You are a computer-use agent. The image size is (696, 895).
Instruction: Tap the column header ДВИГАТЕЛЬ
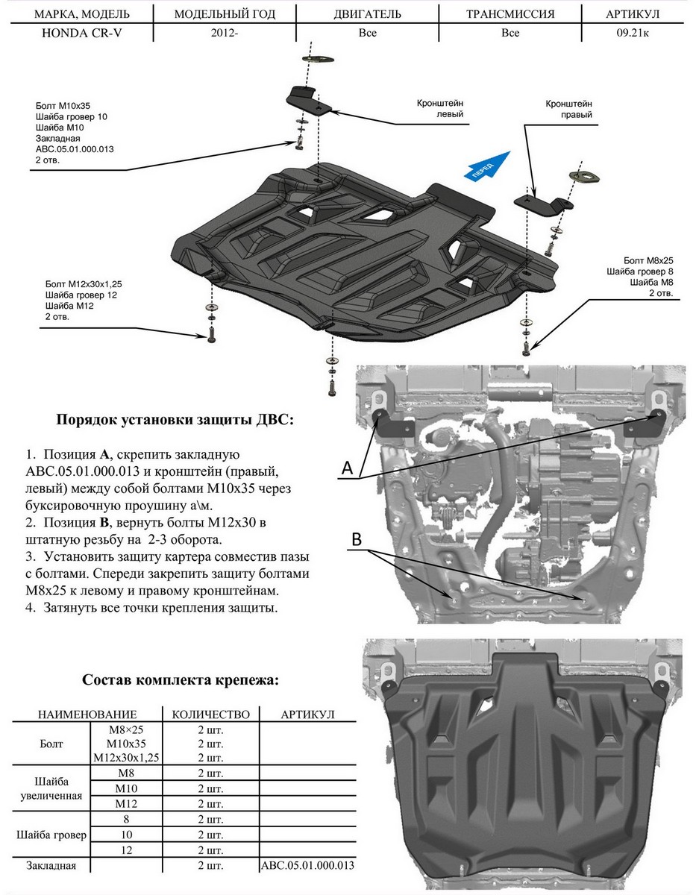367,14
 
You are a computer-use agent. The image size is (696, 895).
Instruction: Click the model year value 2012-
224,33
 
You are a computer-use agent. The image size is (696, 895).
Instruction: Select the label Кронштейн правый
568,110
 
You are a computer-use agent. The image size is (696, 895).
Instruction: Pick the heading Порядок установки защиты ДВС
175,420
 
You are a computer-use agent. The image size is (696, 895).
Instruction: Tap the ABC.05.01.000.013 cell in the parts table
307,865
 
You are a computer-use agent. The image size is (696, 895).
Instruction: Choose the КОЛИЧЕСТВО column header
210,714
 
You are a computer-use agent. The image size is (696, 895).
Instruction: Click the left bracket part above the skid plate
309,100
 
